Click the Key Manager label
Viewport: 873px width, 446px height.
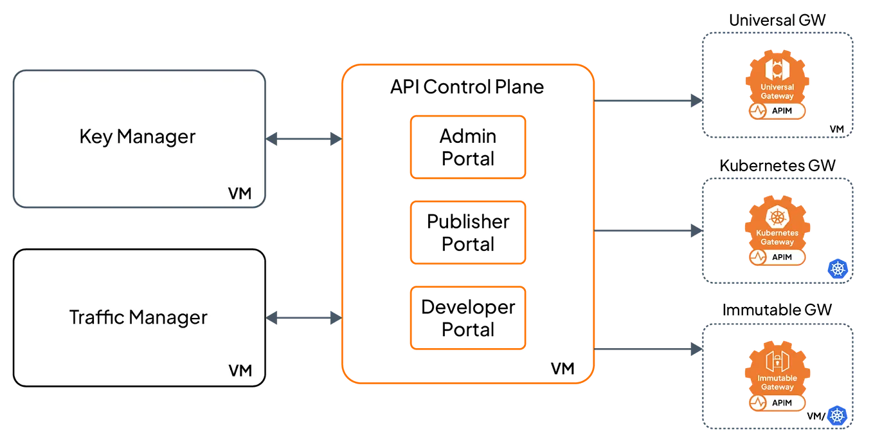point(137,137)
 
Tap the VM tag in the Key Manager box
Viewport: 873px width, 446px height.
point(240,193)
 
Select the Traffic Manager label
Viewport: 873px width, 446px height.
point(138,317)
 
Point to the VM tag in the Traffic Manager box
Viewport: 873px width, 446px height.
point(240,371)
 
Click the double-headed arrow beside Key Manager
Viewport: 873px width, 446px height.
point(303,138)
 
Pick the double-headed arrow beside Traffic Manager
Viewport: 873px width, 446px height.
point(303,317)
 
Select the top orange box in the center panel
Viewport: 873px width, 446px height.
point(467,147)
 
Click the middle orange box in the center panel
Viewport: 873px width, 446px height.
point(467,232)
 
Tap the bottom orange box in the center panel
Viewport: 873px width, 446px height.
point(467,318)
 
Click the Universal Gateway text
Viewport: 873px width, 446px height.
point(777,91)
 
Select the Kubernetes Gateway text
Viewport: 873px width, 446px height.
point(777,237)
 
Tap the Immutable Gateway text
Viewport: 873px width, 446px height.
point(777,383)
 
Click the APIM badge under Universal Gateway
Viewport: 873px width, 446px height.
point(777,111)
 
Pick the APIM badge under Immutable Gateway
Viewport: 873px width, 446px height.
point(777,403)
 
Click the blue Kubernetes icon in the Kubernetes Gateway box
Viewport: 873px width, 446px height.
point(838,268)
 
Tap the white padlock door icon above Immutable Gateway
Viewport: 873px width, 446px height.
point(777,360)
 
